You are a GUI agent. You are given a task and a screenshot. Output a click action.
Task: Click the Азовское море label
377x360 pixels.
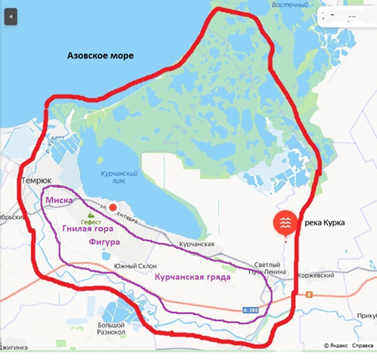[x=101, y=57]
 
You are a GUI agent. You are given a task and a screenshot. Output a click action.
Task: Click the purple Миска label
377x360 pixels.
[x=58, y=199]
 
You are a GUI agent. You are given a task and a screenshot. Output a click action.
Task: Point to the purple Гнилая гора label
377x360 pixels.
[x=88, y=229]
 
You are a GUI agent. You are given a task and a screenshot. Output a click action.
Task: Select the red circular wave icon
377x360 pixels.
[x=285, y=222]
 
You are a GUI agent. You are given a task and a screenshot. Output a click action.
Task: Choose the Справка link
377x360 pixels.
[x=363, y=345]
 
